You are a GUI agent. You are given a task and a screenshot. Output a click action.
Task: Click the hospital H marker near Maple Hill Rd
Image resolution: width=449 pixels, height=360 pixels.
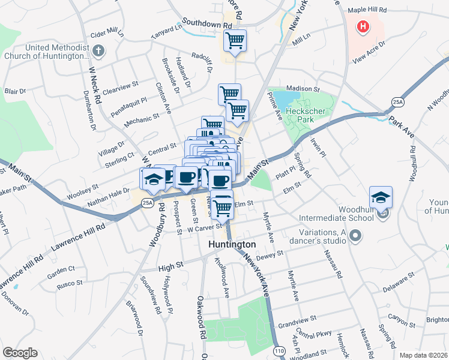coord(363,26)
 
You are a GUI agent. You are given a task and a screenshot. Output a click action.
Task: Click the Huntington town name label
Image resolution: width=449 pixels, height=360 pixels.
coord(232,245)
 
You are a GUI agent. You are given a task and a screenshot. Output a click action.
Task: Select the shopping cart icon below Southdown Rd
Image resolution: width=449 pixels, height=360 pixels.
coord(235,41)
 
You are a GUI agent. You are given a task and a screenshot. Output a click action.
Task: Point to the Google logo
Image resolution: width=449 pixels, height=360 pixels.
coord(20,353)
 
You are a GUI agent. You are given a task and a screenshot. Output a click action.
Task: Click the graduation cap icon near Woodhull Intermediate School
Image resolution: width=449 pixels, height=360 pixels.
coord(381,197)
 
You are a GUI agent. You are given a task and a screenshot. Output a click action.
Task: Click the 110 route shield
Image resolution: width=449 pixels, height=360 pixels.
coord(279,349)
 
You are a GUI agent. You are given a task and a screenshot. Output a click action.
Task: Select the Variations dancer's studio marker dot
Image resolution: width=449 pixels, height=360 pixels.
coord(355,236)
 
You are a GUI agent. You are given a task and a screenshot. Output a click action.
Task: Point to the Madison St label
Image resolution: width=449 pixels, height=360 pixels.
coord(301,88)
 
